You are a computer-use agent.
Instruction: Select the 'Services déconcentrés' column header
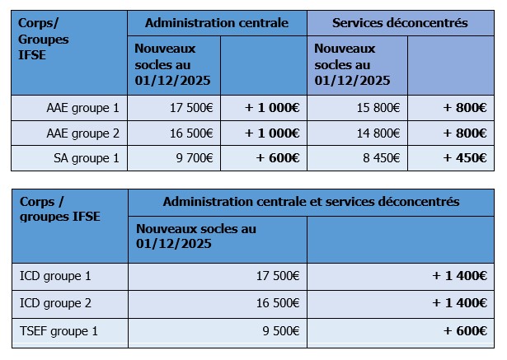point(400,23)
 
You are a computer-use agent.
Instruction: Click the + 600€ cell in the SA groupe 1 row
point(272,158)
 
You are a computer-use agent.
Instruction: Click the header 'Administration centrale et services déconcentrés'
point(311,201)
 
